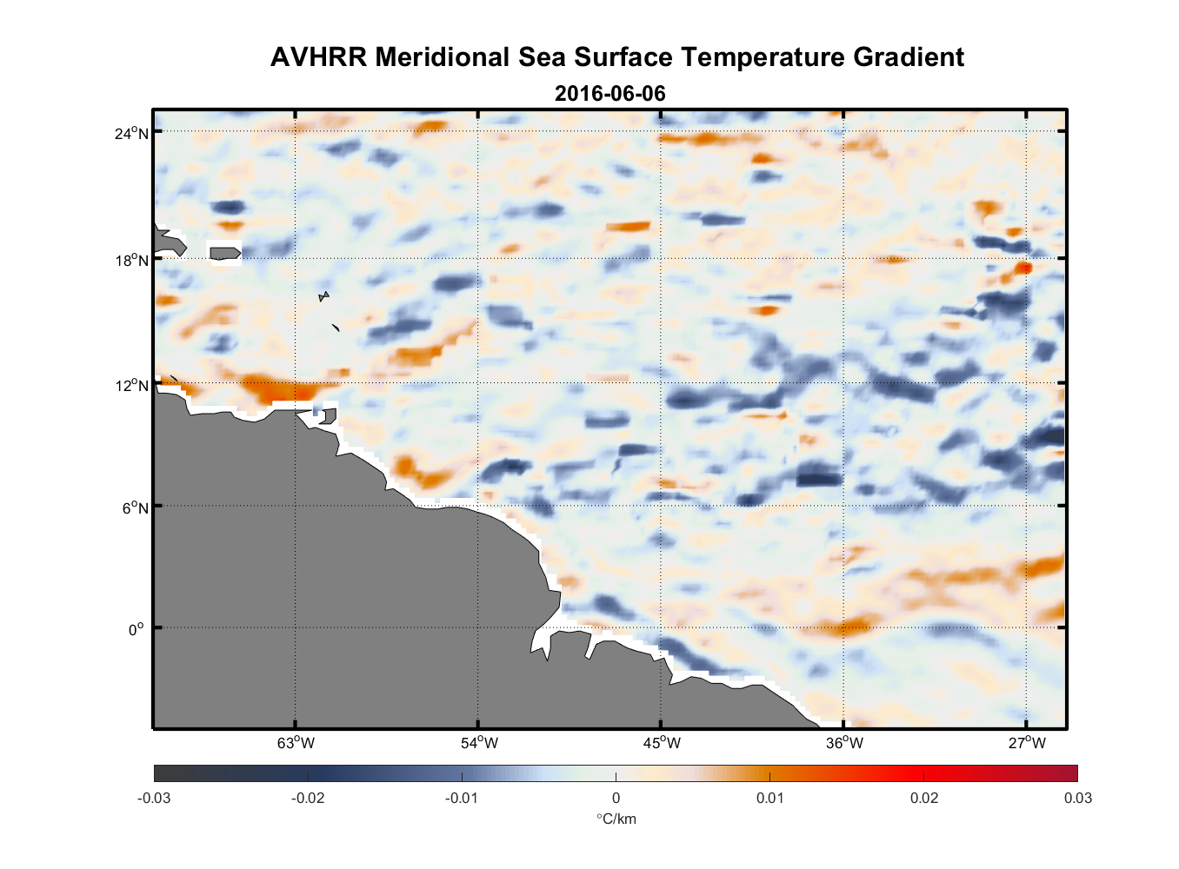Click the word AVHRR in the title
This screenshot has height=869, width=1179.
click(x=318, y=57)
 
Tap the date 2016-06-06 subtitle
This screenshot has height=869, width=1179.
click(x=609, y=94)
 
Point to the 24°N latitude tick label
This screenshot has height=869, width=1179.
click(x=132, y=133)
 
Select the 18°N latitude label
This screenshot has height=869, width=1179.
click(x=132, y=260)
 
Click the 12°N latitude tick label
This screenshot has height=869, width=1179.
click(x=132, y=385)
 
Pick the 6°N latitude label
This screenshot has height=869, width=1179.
click(x=135, y=507)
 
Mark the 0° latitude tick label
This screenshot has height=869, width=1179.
click(x=137, y=629)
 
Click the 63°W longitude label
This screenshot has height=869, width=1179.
click(x=296, y=743)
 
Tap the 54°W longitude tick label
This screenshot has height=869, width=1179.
click(x=479, y=743)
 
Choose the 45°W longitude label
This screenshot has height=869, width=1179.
click(x=662, y=743)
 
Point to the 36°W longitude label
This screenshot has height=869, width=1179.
click(x=844, y=743)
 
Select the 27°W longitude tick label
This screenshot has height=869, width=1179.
click(x=1027, y=743)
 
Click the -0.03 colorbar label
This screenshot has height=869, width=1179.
click(x=154, y=799)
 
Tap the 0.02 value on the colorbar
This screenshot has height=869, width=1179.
click(x=924, y=799)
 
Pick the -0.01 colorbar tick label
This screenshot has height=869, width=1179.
click(x=462, y=799)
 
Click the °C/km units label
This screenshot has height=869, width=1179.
click(x=616, y=819)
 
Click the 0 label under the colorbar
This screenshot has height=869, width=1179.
click(x=616, y=799)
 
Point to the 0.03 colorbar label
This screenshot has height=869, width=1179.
click(x=1078, y=799)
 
